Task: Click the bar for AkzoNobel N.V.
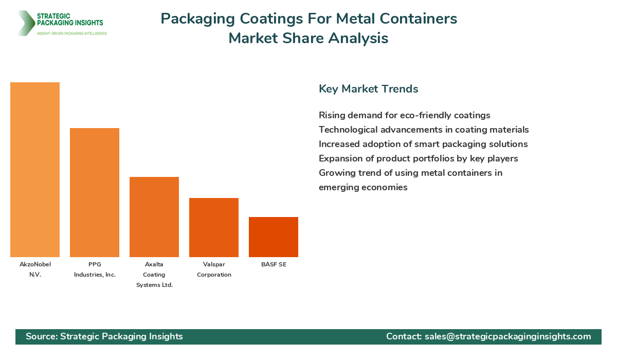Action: (35, 170)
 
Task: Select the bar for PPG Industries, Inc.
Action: (95, 192)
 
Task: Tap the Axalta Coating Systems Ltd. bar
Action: (154, 217)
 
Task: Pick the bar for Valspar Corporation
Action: (214, 227)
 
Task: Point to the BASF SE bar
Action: (274, 237)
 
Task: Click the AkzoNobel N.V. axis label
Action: (35, 269)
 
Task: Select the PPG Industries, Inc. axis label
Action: (95, 269)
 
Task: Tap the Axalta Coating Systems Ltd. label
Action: (154, 275)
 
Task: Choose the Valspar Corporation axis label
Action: (214, 269)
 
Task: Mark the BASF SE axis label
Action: (274, 264)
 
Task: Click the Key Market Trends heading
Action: (368, 88)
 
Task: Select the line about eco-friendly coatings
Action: (404, 115)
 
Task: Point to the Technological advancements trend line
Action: (424, 130)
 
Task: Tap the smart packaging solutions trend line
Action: (423, 144)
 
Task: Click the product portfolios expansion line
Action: (418, 158)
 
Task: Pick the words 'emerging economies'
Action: (363, 187)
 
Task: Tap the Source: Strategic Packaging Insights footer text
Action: (104, 336)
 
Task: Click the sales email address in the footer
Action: (507, 336)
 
